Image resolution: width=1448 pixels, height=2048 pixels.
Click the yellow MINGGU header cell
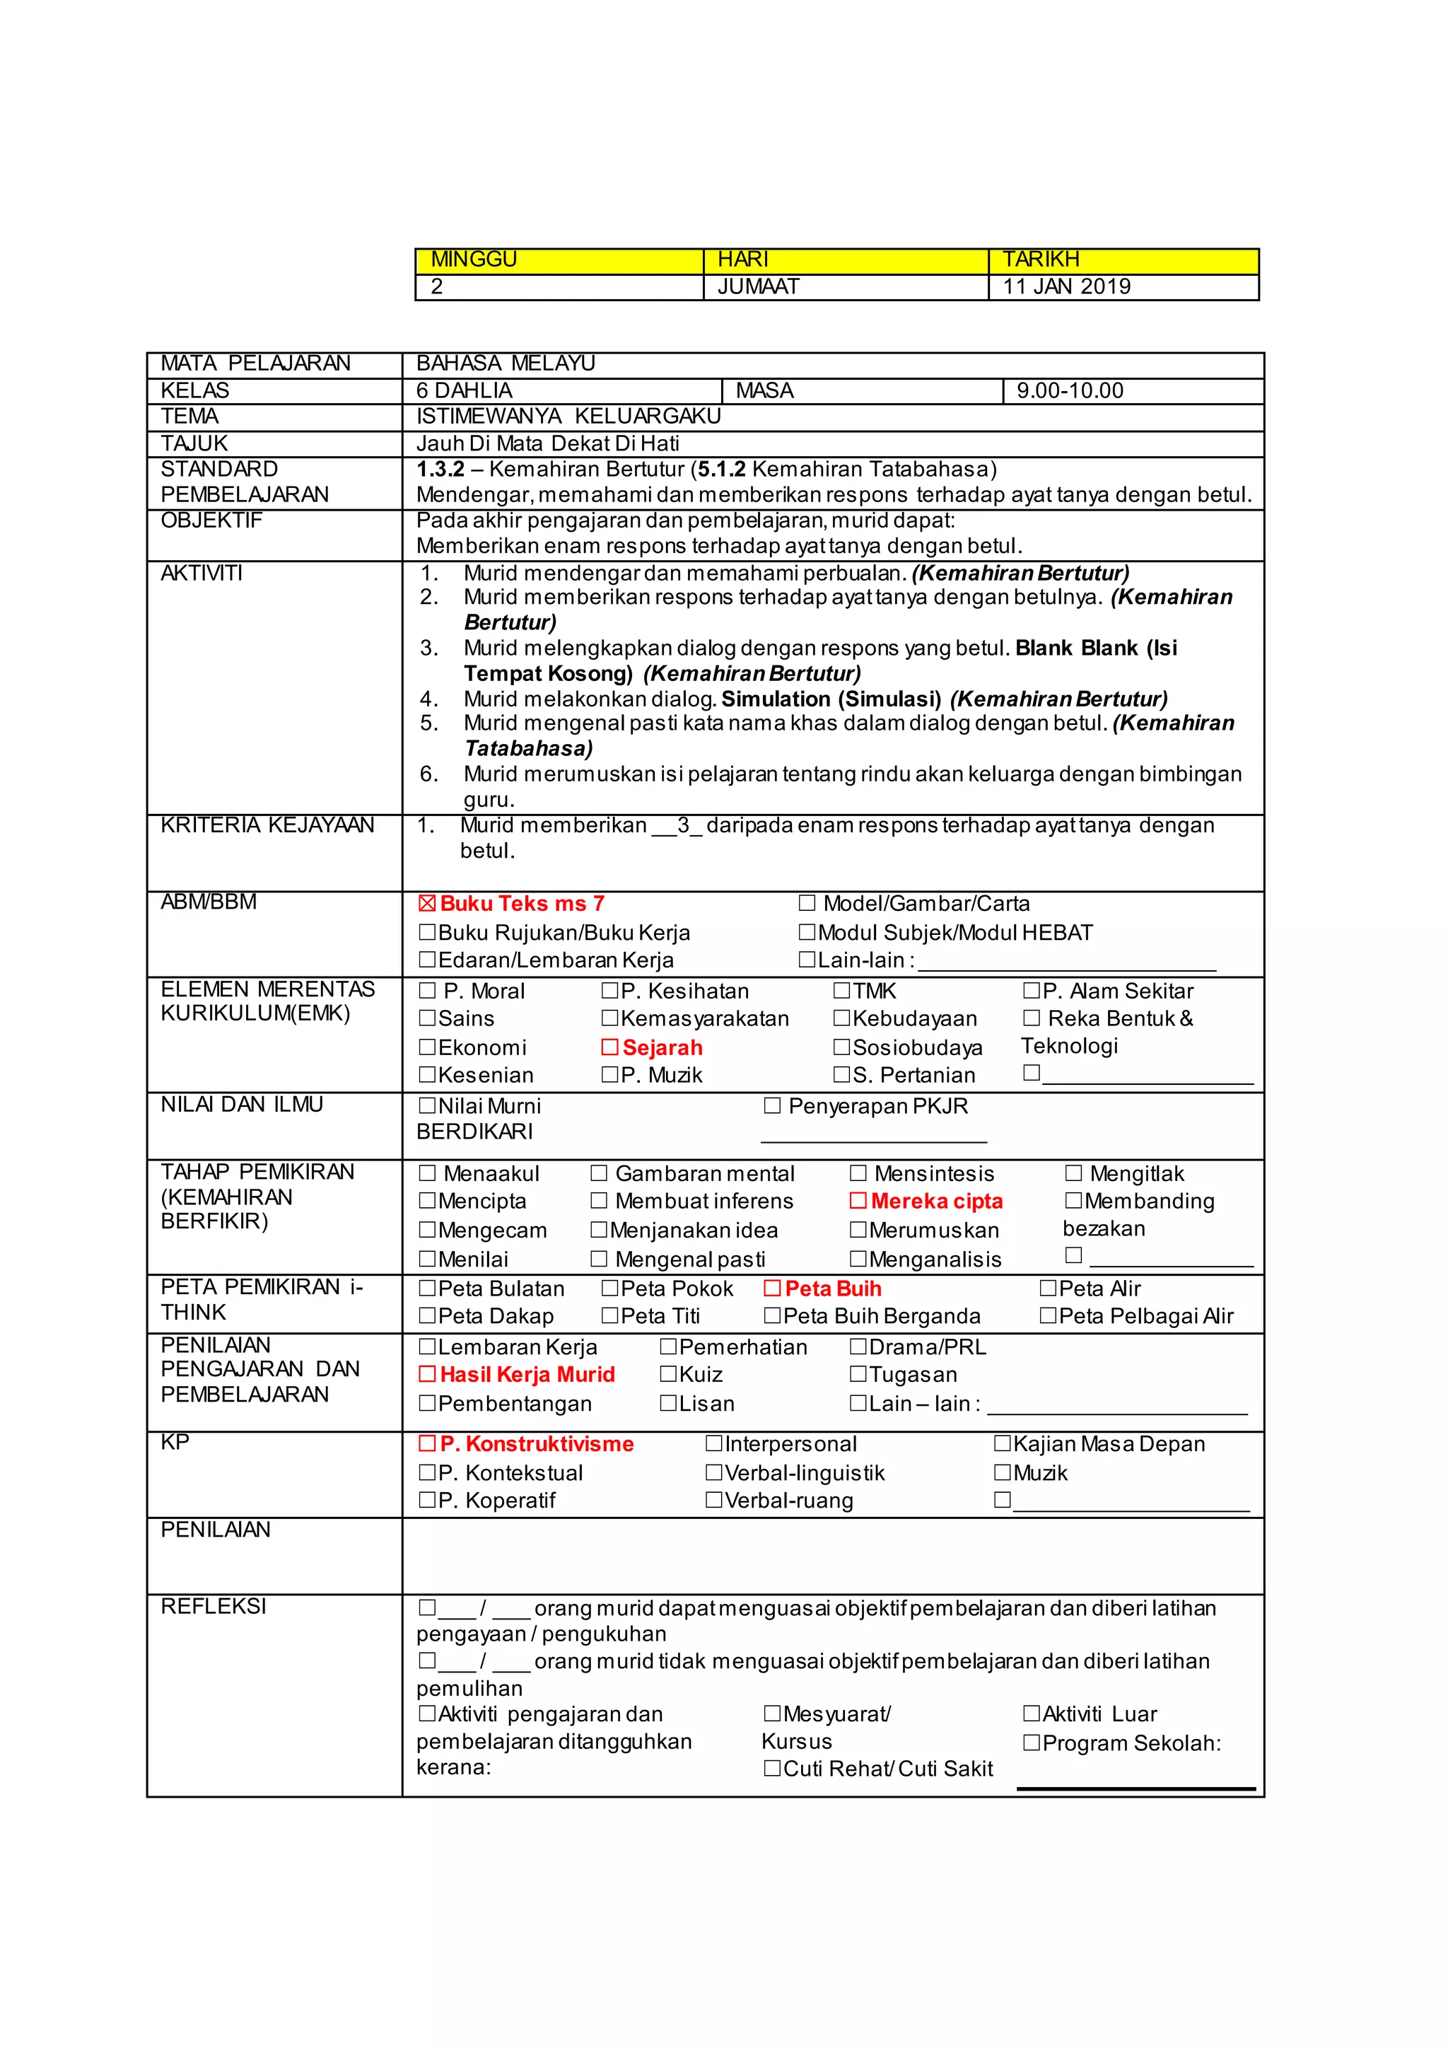click(559, 260)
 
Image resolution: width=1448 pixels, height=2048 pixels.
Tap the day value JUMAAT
click(758, 287)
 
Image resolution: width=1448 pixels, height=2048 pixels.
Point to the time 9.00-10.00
click(1070, 390)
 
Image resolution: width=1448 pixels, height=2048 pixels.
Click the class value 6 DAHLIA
click(465, 390)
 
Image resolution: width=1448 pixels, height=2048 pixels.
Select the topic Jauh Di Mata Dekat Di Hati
click(547, 443)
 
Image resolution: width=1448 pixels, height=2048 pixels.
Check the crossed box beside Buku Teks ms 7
click(427, 904)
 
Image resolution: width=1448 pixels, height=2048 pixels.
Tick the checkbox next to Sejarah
click(610, 1047)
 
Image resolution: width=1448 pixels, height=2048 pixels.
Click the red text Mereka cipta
click(936, 1202)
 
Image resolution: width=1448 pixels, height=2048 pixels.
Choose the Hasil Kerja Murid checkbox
click(427, 1375)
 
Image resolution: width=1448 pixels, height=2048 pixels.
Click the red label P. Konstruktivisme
click(537, 1444)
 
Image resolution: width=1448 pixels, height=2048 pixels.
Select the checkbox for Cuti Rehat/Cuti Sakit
click(772, 1769)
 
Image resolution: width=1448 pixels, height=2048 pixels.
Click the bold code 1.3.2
click(440, 469)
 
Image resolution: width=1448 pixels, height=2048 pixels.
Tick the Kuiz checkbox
click(668, 1375)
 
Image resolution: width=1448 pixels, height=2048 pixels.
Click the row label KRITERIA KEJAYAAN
click(267, 825)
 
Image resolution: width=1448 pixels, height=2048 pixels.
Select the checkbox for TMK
click(841, 991)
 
